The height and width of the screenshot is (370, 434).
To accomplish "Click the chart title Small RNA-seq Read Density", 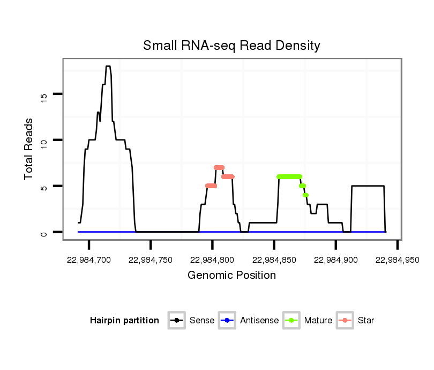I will coord(231,46).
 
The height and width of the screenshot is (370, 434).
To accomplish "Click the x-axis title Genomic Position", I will coord(231,276).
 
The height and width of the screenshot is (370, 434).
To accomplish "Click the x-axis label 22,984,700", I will coord(89,260).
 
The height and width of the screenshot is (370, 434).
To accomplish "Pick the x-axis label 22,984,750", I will coord(151,260).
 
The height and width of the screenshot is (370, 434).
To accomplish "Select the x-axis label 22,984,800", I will coord(212,260).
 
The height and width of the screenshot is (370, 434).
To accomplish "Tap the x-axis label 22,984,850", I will coord(274,260).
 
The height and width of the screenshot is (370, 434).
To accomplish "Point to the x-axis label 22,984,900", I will coord(335,260).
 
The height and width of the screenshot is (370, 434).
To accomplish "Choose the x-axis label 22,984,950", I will coord(397,260).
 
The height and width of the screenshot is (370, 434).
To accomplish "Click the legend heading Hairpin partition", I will coord(124,321).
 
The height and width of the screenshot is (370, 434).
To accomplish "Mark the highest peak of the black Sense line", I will coord(108,66).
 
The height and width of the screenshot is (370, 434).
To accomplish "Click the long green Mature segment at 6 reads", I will coord(289,176).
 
